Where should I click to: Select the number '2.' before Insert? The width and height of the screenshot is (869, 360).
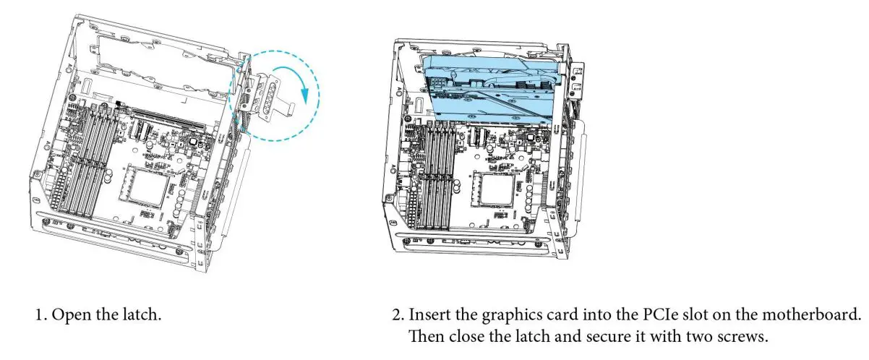(x=397, y=316)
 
